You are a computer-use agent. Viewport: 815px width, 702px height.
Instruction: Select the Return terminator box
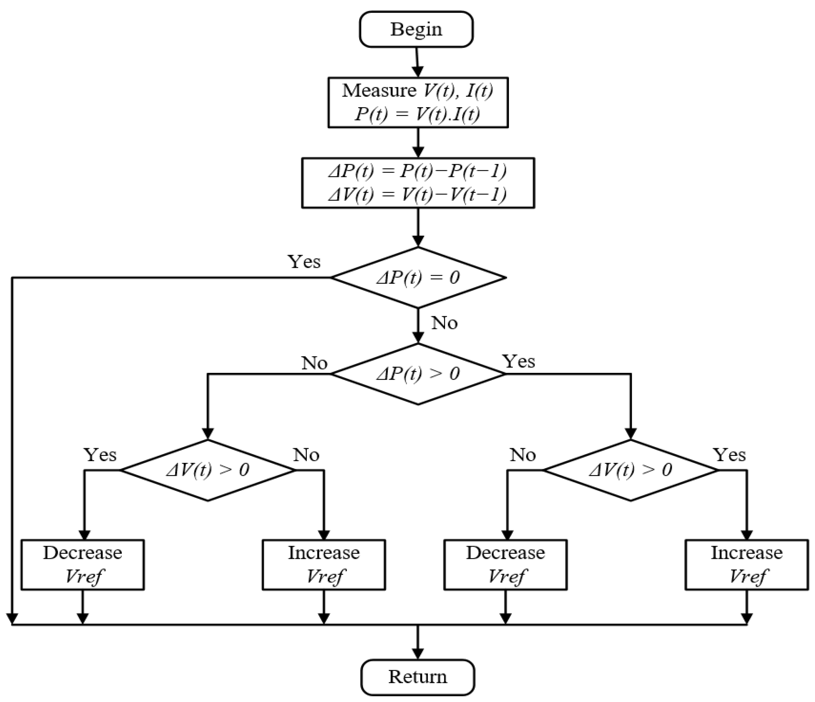coord(418,677)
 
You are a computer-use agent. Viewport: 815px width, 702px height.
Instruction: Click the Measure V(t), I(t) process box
coord(418,102)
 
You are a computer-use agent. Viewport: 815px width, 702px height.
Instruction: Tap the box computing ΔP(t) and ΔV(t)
coord(418,183)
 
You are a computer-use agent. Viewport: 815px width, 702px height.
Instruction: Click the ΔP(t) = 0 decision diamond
coord(418,278)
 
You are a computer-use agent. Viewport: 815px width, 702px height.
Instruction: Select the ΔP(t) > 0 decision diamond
coord(418,374)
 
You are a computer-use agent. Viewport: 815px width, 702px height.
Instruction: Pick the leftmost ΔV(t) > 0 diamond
coord(208,470)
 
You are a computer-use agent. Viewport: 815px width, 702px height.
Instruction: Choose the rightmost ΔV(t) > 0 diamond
coord(630,470)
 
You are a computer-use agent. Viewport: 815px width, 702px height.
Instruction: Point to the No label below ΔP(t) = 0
coord(444,323)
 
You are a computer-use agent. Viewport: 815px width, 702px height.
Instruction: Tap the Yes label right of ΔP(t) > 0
coord(519,361)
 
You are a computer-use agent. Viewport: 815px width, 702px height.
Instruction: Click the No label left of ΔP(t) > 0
coord(314,363)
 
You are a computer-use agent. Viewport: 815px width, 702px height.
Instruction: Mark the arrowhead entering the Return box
coord(418,653)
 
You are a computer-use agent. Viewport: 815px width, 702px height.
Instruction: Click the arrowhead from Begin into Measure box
coord(418,72)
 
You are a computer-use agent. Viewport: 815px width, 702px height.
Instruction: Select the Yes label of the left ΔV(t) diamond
coord(100,455)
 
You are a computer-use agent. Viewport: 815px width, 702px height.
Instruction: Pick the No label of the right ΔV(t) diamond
coord(523,455)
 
